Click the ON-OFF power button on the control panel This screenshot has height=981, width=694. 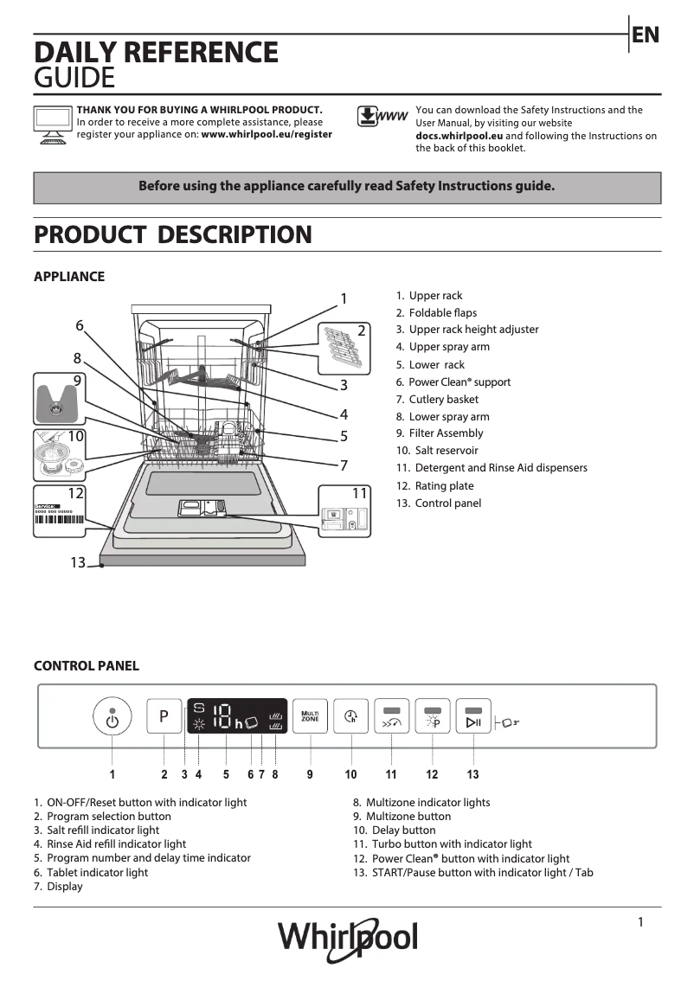point(112,717)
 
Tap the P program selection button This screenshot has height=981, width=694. point(164,716)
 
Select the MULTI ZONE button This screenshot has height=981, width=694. point(309,716)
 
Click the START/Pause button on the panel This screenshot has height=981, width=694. point(473,716)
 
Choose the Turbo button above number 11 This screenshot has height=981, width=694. point(391,716)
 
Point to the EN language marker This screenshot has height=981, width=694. point(646,35)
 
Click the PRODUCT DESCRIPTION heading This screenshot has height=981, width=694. point(172,234)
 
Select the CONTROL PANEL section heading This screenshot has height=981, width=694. point(86,666)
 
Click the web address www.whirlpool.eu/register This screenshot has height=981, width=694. point(267,135)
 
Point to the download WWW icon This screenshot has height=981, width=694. point(382,117)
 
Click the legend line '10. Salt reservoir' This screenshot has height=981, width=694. point(437,451)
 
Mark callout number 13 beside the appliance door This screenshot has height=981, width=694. point(78,563)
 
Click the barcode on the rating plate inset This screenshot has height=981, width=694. point(60,521)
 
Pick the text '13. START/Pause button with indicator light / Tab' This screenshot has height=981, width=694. point(472,872)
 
